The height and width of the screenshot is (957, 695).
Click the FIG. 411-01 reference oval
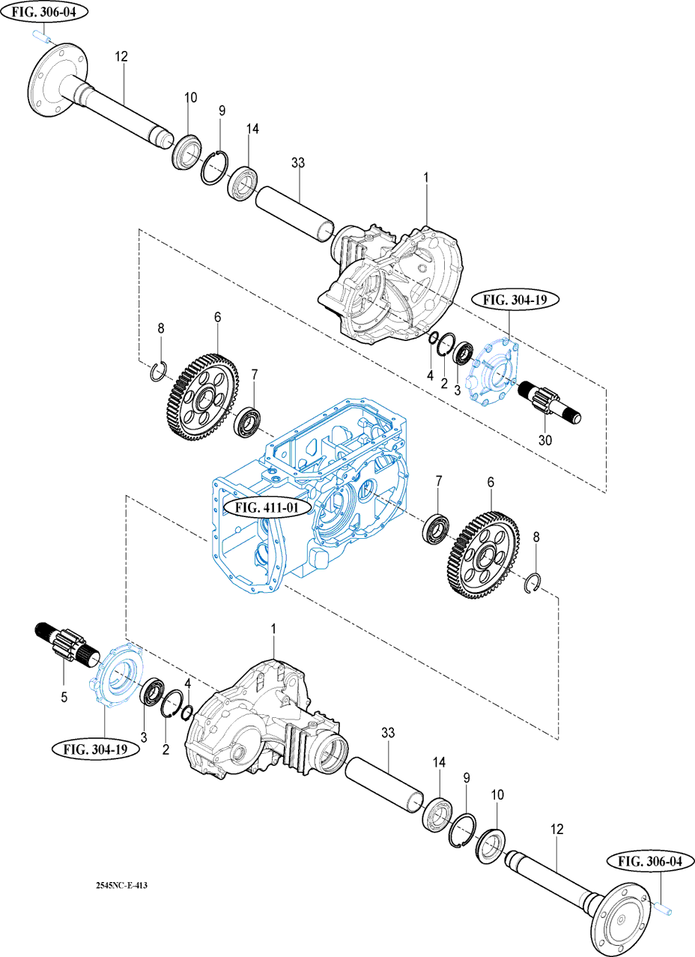tap(267, 508)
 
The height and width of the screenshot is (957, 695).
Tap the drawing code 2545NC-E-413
tap(122, 886)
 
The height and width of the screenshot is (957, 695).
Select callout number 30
tap(545, 440)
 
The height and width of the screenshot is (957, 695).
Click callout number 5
tap(64, 697)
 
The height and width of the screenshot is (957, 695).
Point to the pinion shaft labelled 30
tap(550, 402)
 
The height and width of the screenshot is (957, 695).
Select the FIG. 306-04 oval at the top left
tap(44, 12)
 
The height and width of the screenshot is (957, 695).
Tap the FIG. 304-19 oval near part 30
tap(515, 300)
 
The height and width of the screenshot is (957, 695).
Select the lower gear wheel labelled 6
tap(483, 556)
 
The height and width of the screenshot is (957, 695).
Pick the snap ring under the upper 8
tap(160, 371)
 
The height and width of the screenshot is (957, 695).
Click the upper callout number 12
tap(121, 56)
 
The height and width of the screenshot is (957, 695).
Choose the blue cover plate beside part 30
tap(493, 369)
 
